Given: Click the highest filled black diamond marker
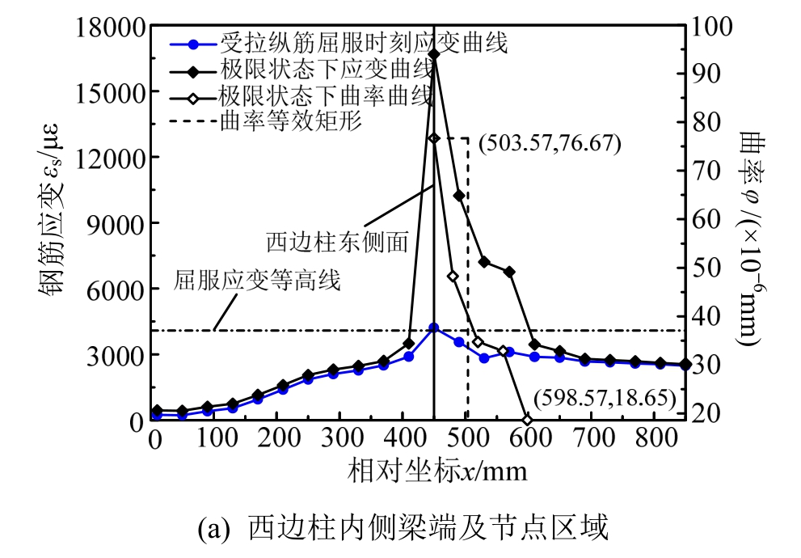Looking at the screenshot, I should (434, 54).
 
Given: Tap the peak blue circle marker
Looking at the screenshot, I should (434, 328).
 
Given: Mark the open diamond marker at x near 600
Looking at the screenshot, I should (528, 421).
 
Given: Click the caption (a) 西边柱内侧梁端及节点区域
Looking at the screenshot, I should (401, 530).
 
